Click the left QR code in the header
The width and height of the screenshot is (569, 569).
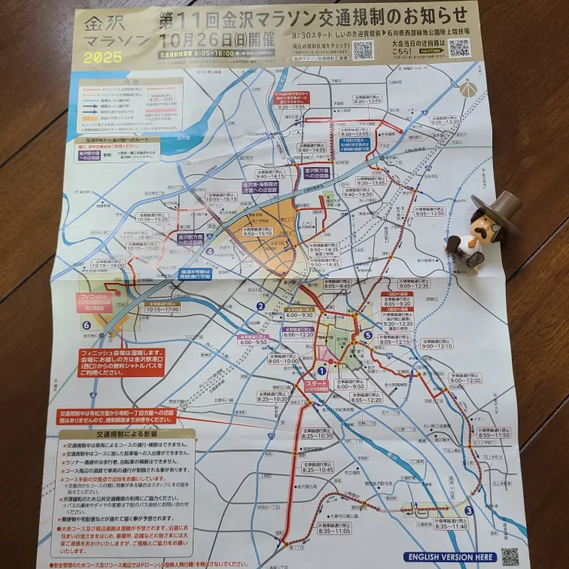(363, 50)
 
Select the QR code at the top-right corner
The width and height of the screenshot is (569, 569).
(459, 48)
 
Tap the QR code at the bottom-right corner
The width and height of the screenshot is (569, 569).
(509, 556)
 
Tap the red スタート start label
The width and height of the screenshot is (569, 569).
(317, 384)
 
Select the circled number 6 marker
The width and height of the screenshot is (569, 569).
(86, 325)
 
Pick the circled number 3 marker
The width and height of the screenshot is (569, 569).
(468, 511)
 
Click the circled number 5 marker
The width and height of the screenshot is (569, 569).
(368, 335)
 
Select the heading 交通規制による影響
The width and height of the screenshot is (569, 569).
(127, 435)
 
